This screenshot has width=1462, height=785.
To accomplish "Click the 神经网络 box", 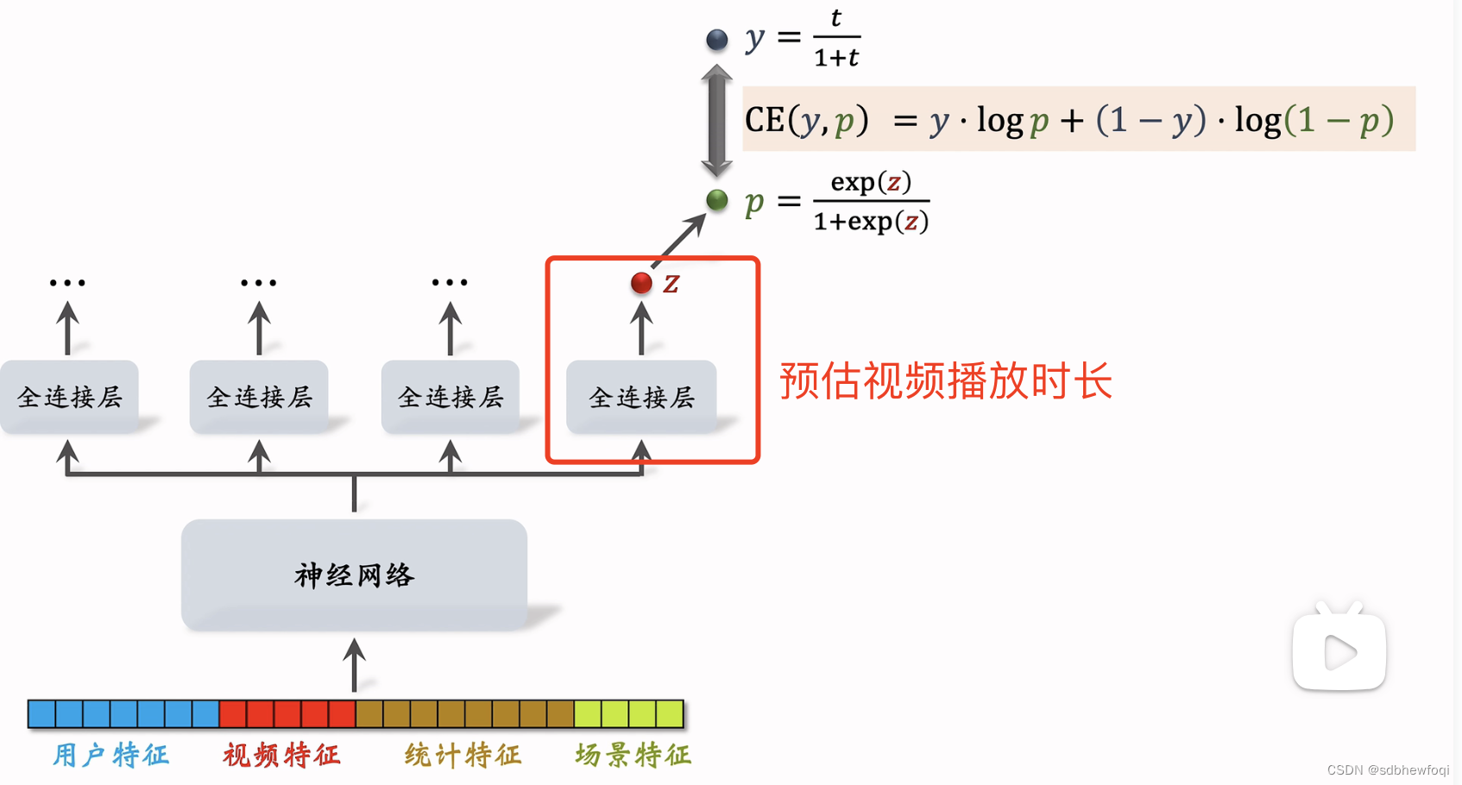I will (354, 575).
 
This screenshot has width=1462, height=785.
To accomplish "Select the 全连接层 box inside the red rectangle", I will (641, 397).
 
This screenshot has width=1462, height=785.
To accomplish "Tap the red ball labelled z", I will (641, 283).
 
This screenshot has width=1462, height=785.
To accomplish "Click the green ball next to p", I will (716, 200).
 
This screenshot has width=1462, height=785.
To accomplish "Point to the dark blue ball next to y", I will (716, 39).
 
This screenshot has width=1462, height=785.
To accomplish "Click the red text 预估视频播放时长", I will (946, 380).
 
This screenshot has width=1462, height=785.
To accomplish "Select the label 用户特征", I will (111, 755).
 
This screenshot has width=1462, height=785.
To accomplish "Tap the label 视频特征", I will (282, 755).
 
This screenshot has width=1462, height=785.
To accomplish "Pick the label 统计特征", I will (463, 755).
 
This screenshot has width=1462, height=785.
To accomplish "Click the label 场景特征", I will (633, 755).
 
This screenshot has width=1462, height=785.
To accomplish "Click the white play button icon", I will (1339, 651).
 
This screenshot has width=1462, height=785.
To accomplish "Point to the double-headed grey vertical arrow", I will (716, 121).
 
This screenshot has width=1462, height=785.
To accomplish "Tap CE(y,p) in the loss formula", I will (806, 120).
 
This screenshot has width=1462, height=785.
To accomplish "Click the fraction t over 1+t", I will (836, 39).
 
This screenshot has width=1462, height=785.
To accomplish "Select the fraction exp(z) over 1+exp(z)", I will (871, 202).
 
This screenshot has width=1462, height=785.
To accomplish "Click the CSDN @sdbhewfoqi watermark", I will (1388, 769).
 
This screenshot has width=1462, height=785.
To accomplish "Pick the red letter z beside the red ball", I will (671, 283).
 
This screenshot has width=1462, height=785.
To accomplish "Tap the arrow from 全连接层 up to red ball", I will (641, 328).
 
